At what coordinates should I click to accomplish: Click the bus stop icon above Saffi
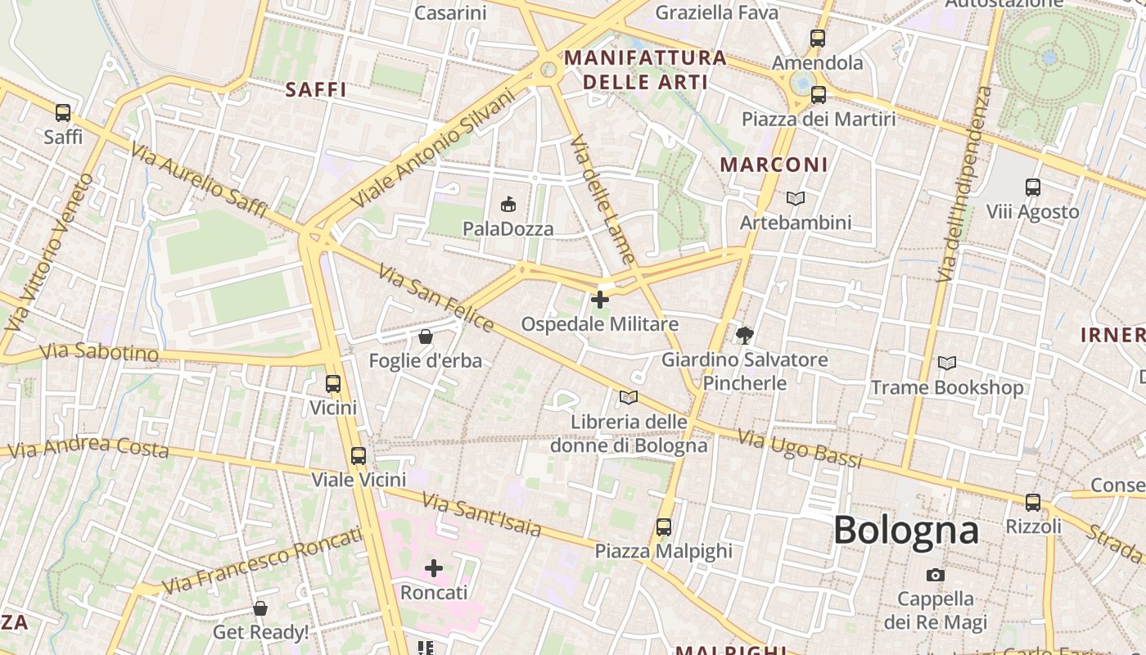click(63, 113)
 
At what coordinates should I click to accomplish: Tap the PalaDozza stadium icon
click(508, 204)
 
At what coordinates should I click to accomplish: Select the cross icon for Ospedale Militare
click(600, 300)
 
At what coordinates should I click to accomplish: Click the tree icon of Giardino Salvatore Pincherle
click(744, 334)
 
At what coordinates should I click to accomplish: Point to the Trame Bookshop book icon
click(946, 363)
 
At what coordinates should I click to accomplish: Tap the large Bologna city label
click(905, 531)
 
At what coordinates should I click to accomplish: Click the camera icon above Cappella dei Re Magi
click(936, 575)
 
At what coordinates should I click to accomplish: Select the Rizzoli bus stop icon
click(1033, 502)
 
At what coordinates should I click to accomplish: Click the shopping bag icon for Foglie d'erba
click(425, 336)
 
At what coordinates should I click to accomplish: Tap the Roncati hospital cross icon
click(434, 567)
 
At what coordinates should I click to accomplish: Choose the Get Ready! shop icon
click(260, 608)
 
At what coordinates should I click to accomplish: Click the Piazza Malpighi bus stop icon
click(663, 526)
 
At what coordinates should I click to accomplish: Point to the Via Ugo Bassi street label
click(800, 449)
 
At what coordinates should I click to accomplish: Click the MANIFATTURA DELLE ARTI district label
click(645, 70)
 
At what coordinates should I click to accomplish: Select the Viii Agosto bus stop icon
click(1032, 187)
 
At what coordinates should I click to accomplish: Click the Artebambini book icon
click(795, 198)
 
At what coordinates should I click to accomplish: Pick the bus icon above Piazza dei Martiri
click(818, 95)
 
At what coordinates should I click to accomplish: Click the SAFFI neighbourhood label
click(316, 90)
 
